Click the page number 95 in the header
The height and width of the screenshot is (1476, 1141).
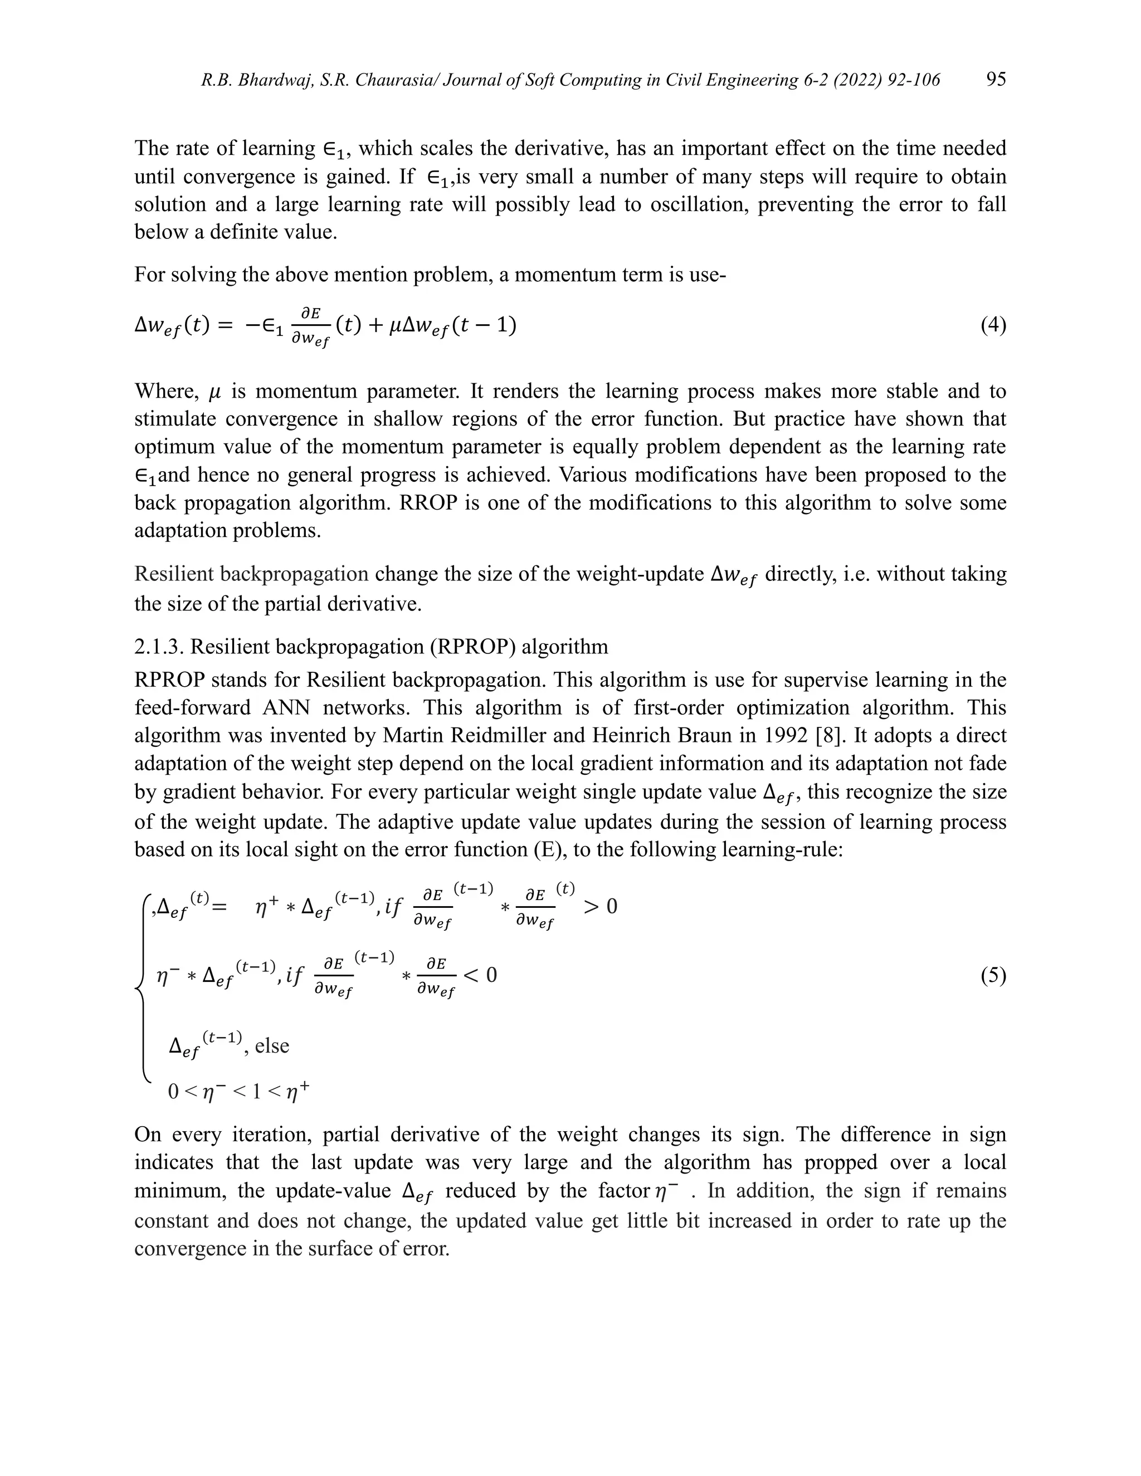(x=996, y=80)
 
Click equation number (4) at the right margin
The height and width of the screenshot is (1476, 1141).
(x=993, y=326)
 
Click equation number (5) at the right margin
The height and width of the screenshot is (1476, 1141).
(x=993, y=976)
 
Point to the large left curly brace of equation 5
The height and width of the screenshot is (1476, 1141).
(x=142, y=987)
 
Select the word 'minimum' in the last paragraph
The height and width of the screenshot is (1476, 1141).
(x=180, y=1190)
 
